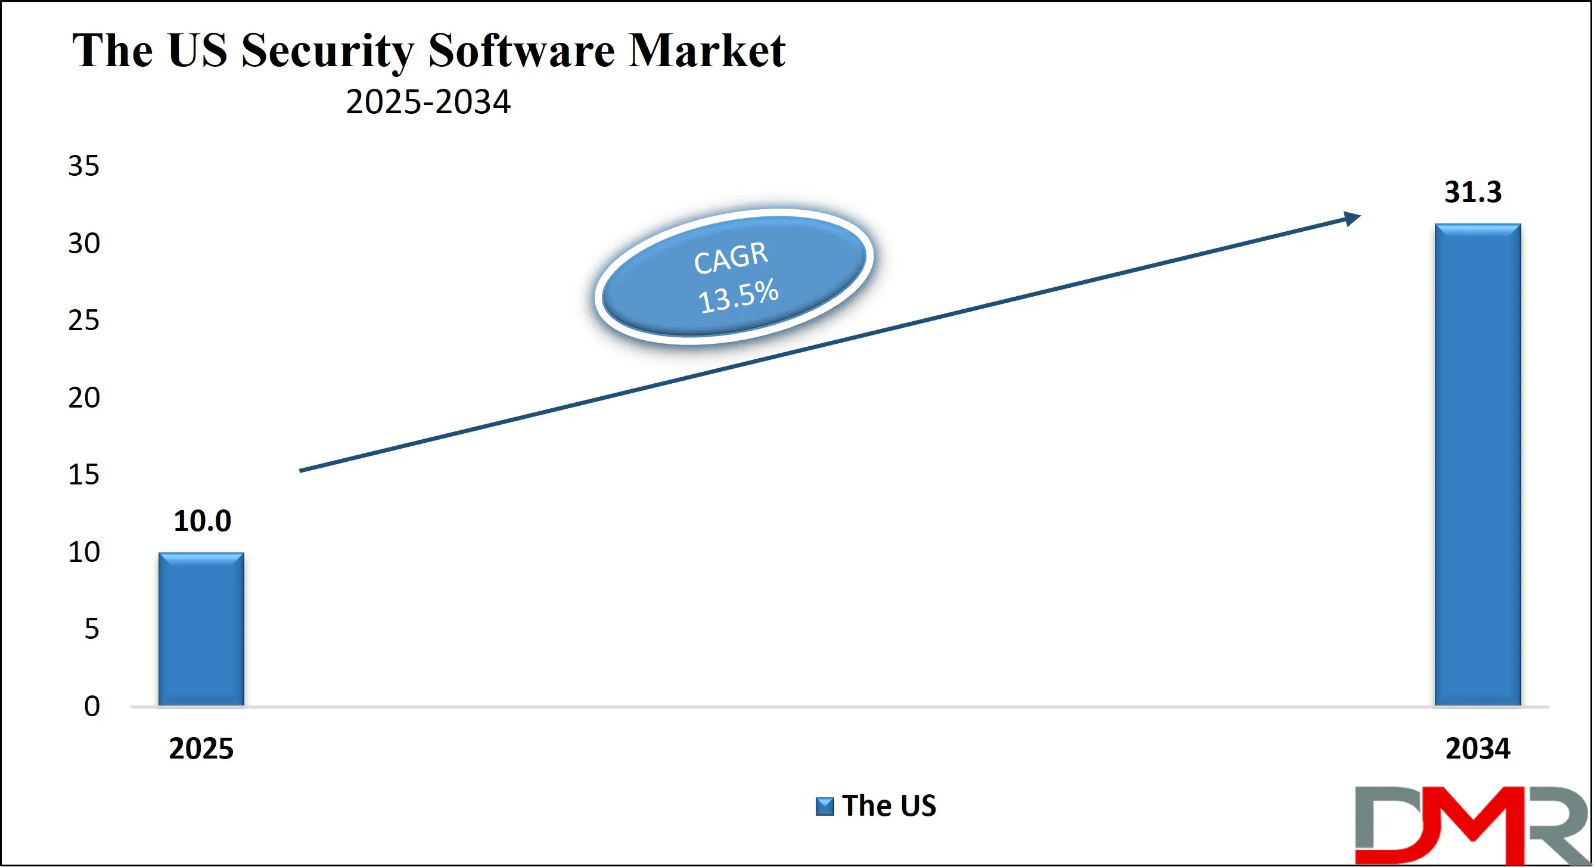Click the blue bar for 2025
click(201, 629)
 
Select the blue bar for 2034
click(1478, 464)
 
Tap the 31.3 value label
click(1472, 192)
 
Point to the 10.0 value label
click(203, 521)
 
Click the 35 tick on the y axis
click(83, 166)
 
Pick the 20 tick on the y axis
click(83, 398)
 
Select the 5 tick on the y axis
click(92, 629)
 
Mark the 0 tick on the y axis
click(92, 706)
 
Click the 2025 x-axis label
click(201, 749)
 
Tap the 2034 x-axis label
click(1478, 749)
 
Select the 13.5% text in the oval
click(738, 295)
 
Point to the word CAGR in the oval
click(731, 257)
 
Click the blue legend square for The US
click(824, 806)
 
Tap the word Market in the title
click(706, 51)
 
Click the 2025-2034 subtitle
click(428, 102)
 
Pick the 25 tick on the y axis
click(83, 321)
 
